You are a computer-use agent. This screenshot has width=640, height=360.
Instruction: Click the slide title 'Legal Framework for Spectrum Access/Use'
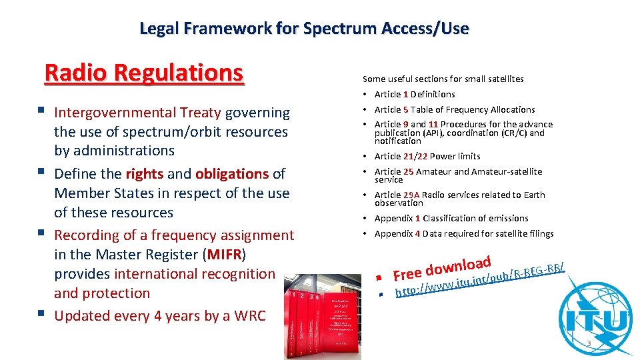point(304,29)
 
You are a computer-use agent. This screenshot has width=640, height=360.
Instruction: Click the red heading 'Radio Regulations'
point(144,73)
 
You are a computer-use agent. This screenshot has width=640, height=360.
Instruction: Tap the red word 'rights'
point(144,174)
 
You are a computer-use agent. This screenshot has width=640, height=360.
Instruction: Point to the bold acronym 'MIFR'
point(227,255)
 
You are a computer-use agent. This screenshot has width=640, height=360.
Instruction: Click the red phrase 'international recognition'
point(195,274)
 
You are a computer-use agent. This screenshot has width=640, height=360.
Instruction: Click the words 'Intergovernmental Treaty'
point(138,113)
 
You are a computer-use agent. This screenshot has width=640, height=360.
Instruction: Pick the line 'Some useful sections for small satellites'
point(443,79)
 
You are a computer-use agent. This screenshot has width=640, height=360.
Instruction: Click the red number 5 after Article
point(405,110)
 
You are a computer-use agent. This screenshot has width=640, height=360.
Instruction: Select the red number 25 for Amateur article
point(408,172)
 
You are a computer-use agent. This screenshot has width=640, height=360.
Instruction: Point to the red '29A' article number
point(411,195)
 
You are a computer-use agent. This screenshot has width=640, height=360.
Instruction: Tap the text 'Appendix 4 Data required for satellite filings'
point(464,234)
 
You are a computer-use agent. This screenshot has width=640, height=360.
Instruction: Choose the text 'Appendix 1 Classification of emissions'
point(451,219)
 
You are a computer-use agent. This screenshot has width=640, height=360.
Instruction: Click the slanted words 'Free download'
point(442,267)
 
